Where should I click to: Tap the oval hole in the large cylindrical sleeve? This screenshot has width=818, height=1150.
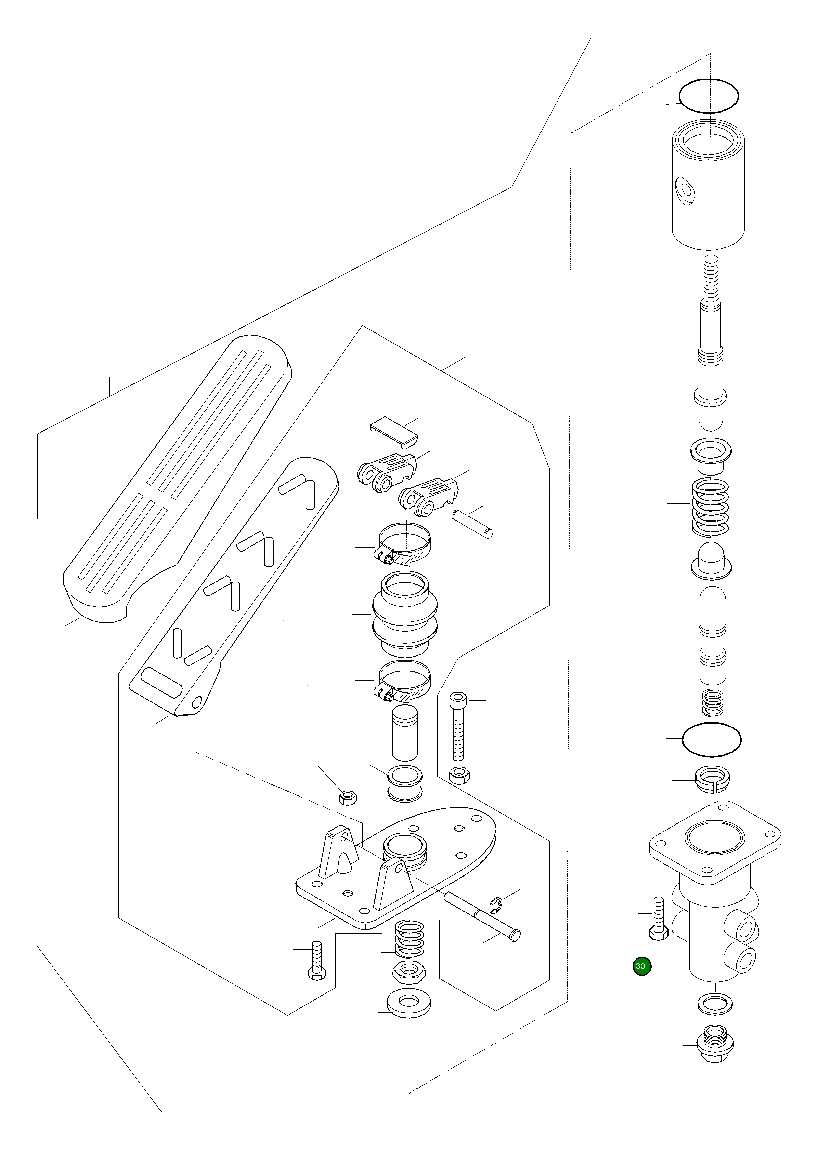tap(685, 189)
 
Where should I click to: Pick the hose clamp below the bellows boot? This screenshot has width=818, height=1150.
tap(404, 681)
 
